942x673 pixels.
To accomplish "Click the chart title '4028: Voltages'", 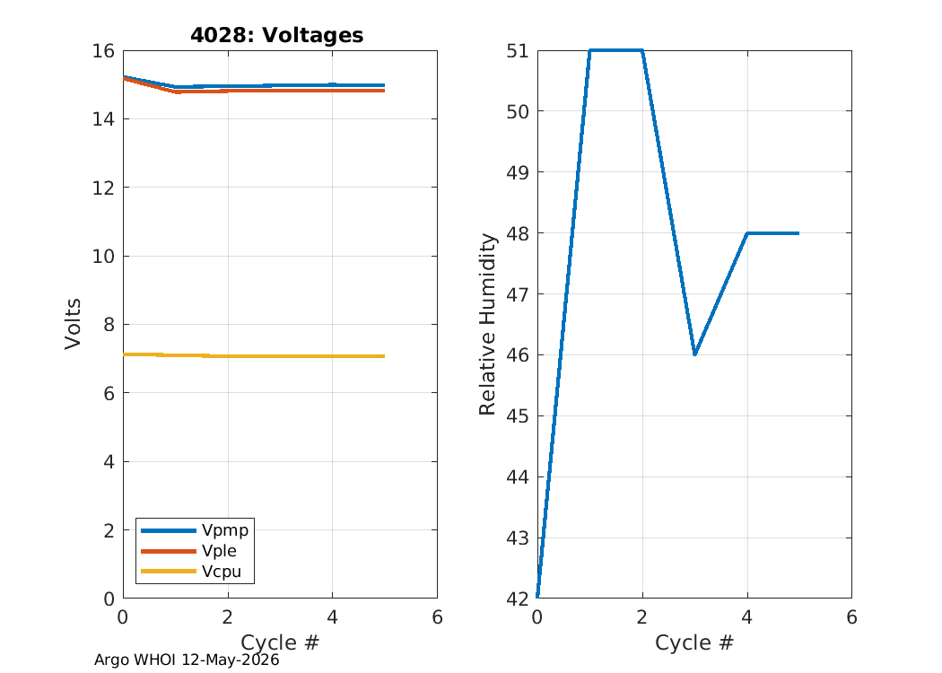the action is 277,35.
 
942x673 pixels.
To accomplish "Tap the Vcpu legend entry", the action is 191,572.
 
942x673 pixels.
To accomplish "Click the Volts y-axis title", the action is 73,324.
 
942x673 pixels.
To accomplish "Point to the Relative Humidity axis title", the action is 487,324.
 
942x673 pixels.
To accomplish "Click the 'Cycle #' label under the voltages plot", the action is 280,642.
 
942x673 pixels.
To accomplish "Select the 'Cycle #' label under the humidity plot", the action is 694,642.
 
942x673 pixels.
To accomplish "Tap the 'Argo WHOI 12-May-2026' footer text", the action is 187,660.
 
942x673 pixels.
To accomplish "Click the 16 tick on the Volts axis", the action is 103,50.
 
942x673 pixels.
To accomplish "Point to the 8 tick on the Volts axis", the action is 109,325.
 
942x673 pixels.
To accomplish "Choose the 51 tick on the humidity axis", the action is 518,50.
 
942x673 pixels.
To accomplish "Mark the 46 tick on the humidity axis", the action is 518,355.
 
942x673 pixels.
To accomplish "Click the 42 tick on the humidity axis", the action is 518,599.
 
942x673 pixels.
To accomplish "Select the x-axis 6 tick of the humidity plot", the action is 852,617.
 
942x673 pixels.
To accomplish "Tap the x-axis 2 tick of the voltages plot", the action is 228,617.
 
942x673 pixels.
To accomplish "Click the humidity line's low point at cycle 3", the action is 694,354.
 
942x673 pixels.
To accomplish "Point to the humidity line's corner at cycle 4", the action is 746,233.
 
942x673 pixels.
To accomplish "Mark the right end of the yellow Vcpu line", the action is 385,356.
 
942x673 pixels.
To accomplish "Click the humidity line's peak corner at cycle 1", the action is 590,50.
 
